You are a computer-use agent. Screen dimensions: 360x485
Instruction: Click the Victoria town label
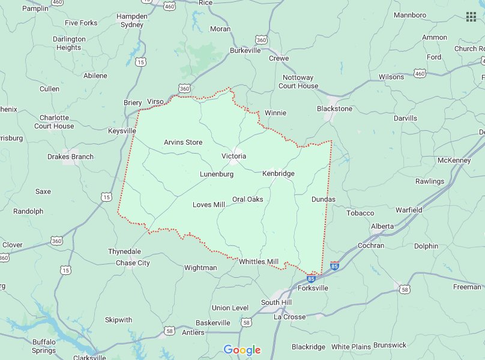[x=233, y=156]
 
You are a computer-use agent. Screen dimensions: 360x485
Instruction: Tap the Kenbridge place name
[x=279, y=173]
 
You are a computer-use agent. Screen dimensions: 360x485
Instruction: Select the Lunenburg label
[x=217, y=174]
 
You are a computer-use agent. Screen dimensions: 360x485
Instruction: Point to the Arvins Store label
[x=183, y=142]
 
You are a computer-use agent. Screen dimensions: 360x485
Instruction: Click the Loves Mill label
[x=208, y=205]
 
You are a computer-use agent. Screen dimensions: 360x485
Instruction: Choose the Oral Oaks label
[x=248, y=199]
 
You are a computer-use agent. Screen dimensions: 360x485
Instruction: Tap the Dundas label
[x=323, y=199]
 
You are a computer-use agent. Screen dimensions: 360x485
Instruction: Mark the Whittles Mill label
[x=259, y=262]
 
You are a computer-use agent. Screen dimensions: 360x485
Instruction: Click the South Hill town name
[x=276, y=302]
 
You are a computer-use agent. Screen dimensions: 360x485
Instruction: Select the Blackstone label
[x=335, y=109]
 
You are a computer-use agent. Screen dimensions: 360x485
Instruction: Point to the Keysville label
[x=122, y=131]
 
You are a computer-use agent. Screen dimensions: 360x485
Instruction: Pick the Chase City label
[x=133, y=263]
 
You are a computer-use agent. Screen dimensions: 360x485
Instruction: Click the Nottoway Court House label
[x=298, y=82]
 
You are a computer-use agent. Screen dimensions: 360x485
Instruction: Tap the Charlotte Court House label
[x=54, y=122]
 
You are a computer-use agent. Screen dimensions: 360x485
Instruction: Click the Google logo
[x=242, y=350]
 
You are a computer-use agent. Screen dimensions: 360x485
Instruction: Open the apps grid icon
[x=471, y=16]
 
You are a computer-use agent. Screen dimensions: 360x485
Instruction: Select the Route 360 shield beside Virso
[x=184, y=88]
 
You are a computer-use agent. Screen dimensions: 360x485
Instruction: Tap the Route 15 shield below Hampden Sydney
[x=140, y=62]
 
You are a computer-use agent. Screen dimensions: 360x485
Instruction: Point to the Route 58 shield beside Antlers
[x=170, y=331]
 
